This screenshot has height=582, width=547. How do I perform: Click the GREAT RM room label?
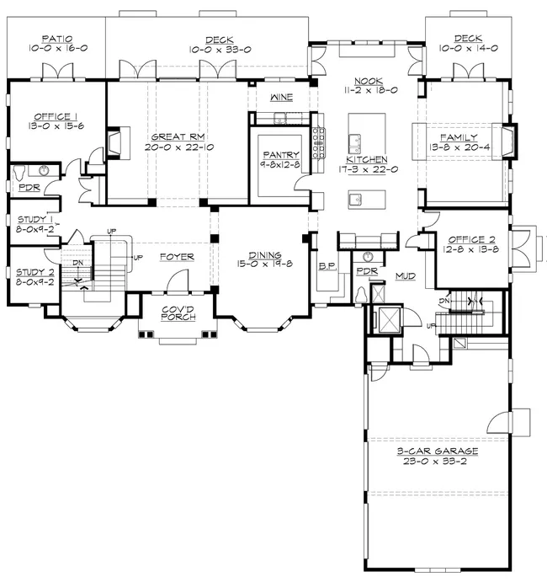coord(178,136)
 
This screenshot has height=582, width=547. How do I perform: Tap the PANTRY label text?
coord(281,155)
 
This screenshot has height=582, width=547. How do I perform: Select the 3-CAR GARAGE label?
coord(438,451)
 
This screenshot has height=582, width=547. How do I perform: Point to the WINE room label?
coord(281,97)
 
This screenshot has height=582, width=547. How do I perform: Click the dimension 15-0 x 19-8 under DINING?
coord(265,264)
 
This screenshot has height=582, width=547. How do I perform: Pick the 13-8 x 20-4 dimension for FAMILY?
coord(459,147)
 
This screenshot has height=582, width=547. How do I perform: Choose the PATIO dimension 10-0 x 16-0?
coord(58,48)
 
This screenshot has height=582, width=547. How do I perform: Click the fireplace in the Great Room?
coord(114,143)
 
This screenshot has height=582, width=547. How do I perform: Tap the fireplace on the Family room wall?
coord(508,141)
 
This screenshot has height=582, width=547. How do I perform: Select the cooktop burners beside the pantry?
coord(319,143)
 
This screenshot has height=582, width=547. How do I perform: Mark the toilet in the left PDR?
coord(19,173)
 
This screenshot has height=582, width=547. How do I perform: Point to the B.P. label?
coord(327,266)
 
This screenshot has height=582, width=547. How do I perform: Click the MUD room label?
coord(406,275)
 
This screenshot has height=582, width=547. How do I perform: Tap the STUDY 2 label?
coord(35,272)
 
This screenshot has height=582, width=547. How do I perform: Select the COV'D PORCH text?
coord(178,313)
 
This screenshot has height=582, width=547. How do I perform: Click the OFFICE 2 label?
coord(471,239)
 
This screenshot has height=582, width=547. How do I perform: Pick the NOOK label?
coord(369,81)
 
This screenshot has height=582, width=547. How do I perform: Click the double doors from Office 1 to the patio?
coord(57,72)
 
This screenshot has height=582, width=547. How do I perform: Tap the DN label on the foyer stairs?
coord(78,263)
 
